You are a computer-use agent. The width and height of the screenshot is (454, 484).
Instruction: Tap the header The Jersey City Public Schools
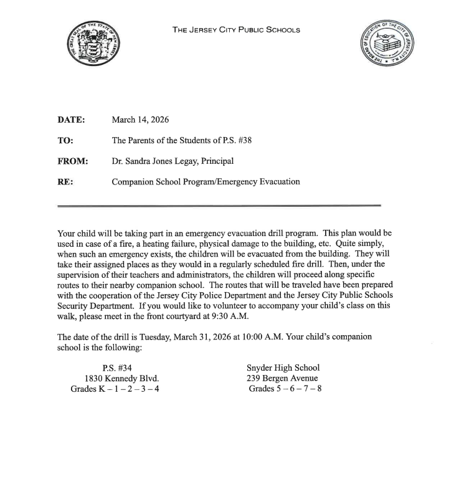pyautogui.click(x=236, y=30)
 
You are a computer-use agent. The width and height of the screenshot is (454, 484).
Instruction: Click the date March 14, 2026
pyautogui.click(x=140, y=120)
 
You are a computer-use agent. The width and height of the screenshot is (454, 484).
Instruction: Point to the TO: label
pyautogui.click(x=65, y=141)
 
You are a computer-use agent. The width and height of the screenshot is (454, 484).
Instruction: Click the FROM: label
pyautogui.click(x=73, y=161)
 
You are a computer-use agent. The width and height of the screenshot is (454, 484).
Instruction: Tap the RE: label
pyautogui.click(x=65, y=182)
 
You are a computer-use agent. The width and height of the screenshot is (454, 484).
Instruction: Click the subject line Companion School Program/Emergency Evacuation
pyautogui.click(x=206, y=182)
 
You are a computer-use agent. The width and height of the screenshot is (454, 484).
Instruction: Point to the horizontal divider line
pyautogui.click(x=219, y=205)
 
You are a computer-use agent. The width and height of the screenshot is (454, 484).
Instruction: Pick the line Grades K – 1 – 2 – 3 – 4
pyautogui.click(x=119, y=389)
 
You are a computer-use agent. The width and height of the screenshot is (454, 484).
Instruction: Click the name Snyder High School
pyautogui.click(x=283, y=368)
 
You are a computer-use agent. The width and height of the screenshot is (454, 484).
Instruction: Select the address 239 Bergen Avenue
pyautogui.click(x=282, y=378)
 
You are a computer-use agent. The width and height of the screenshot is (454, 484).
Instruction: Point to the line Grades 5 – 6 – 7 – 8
pyautogui.click(x=285, y=389)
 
